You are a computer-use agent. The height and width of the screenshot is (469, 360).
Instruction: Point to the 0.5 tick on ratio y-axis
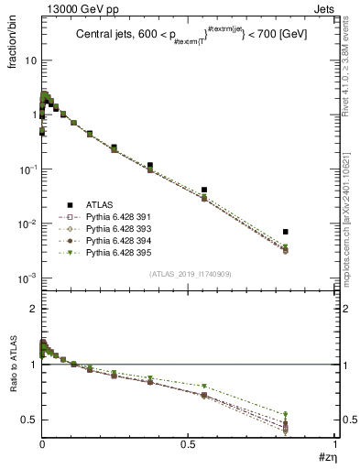click(29, 420)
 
